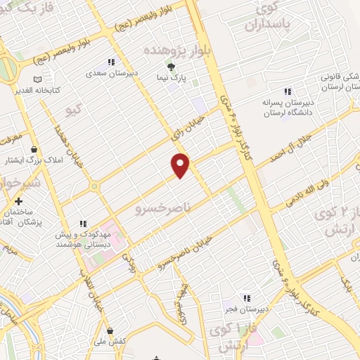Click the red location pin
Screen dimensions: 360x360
[x=181, y=165]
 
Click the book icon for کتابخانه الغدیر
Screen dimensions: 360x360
[x=37, y=79]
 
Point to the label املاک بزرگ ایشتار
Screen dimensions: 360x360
[x=30, y=160]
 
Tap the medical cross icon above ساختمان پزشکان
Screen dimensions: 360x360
[x=18, y=201]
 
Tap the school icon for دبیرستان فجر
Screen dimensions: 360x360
[x=246, y=297]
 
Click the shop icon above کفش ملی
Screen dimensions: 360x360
[x=109, y=330]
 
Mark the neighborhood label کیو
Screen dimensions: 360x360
[x=73, y=110]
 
